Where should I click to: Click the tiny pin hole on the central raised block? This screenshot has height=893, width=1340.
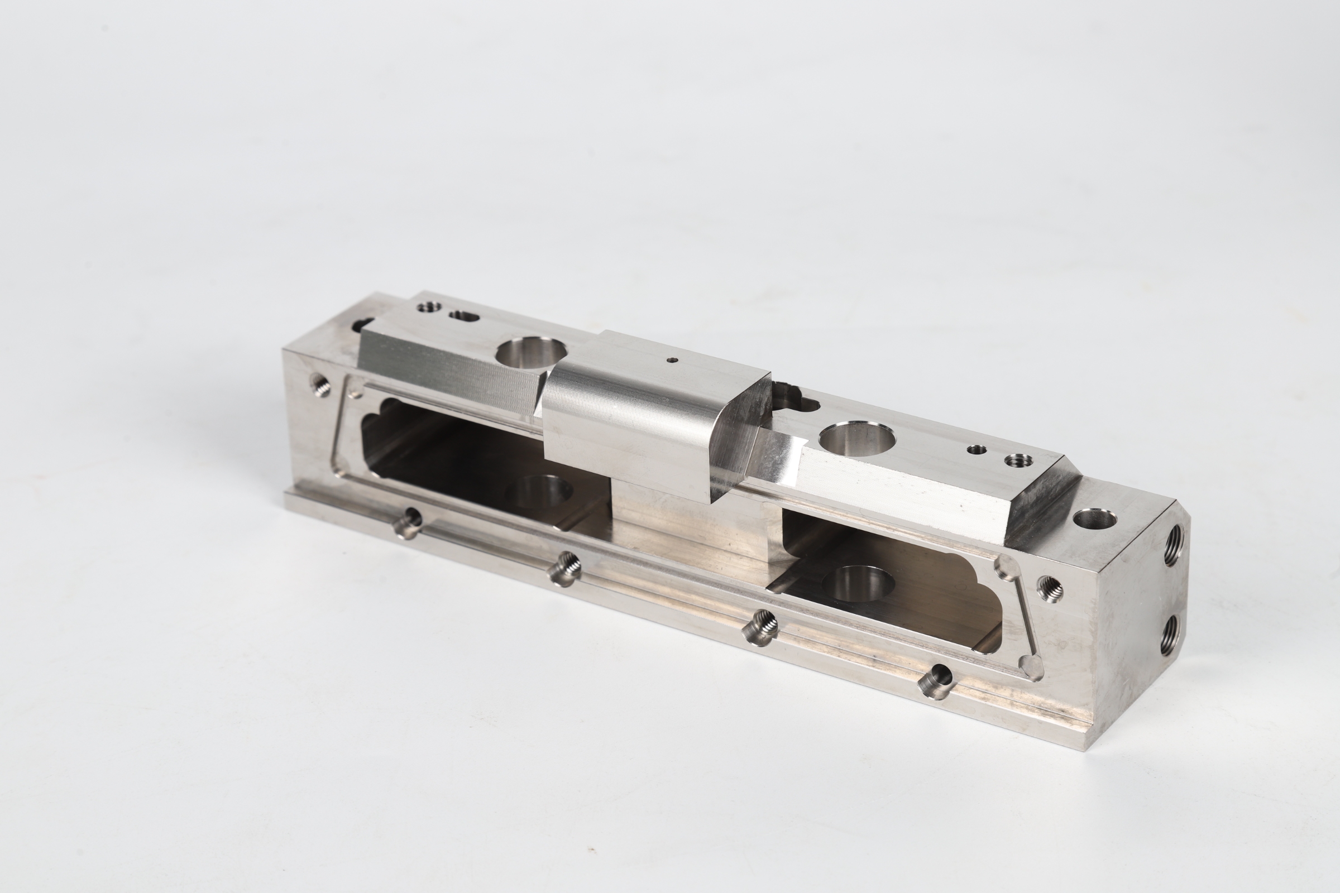tap(673, 359)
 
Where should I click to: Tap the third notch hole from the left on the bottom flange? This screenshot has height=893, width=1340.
tap(760, 627)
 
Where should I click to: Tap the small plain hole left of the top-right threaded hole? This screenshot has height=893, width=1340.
tap(977, 449)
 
